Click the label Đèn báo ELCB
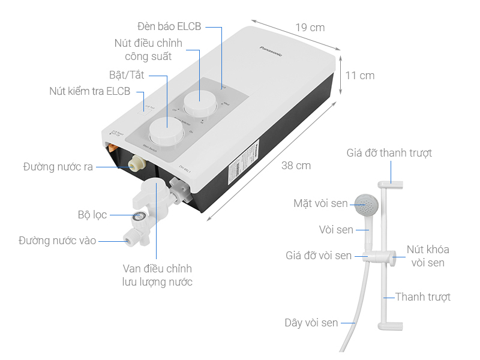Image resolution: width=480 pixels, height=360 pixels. [x=169, y=26]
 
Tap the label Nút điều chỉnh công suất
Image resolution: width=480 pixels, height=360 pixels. [x=149, y=50]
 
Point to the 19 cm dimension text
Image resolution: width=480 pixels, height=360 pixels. [x=310, y=28]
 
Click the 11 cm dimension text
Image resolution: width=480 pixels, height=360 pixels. [x=360, y=76]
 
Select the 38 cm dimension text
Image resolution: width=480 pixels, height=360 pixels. [x=296, y=166]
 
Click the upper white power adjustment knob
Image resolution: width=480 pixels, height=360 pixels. [x=199, y=104]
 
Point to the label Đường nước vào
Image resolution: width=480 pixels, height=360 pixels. [x=57, y=241]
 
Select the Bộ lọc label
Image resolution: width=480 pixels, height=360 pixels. [x=92, y=214]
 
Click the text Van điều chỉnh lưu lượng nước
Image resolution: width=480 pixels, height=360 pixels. [x=157, y=275]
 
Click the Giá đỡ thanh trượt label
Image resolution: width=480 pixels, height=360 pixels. [x=389, y=153]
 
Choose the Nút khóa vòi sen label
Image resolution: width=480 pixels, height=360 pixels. [x=428, y=256]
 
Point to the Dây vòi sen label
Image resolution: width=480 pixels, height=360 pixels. [x=311, y=323]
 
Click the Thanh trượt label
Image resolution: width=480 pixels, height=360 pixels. [x=422, y=296]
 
